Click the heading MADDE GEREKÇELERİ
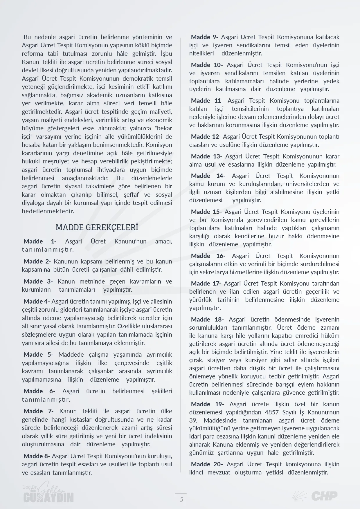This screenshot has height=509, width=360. point(97,227)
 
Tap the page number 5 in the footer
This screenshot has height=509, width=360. point(181,499)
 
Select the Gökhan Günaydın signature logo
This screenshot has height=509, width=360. point(48,494)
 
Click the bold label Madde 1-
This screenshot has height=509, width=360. point(40,241)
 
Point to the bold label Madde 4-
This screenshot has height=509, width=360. point(37,301)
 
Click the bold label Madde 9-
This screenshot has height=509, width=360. point(205,37)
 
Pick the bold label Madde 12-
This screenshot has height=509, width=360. point(206,136)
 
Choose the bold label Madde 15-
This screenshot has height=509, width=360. point(206,212)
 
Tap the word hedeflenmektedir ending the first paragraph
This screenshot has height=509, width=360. point(48,211)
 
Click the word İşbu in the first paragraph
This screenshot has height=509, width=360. point(166,54)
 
